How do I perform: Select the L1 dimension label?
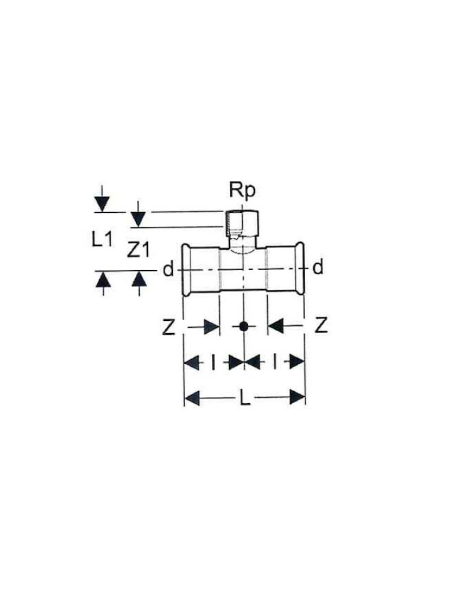(x=102, y=239)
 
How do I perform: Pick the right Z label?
(x=321, y=326)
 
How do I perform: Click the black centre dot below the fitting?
(x=243, y=326)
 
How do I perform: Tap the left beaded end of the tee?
(x=186, y=269)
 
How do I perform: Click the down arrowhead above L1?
(x=102, y=203)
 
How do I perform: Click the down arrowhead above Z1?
(x=138, y=219)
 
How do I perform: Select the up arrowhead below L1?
(x=103, y=280)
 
